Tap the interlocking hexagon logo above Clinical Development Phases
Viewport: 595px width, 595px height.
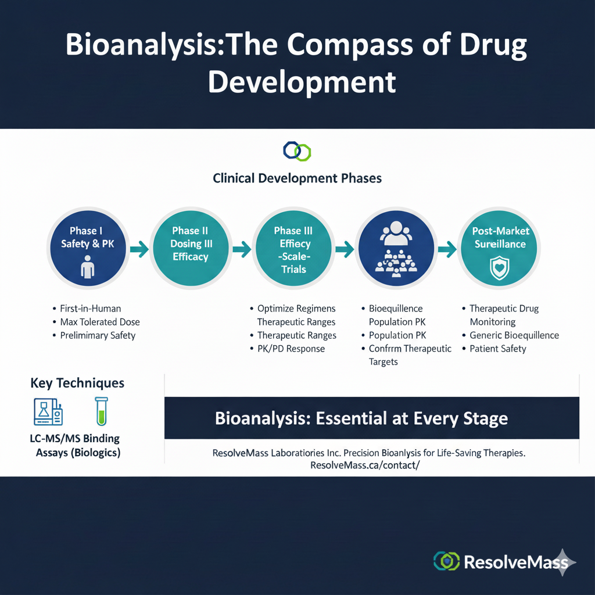click(297, 151)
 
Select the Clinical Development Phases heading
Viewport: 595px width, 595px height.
click(297, 178)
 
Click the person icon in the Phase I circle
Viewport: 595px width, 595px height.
click(87, 268)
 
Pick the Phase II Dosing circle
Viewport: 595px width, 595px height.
click(190, 249)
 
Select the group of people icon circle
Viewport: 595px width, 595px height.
click(395, 249)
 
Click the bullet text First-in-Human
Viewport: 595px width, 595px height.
click(90, 309)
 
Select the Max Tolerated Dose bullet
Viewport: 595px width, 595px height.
click(99, 322)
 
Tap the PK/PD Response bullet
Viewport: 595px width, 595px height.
click(291, 349)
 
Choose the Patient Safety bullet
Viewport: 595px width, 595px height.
click(498, 349)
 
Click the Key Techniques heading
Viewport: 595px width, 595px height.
click(77, 383)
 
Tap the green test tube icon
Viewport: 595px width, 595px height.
click(101, 411)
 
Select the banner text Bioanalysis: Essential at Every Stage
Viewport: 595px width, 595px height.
click(361, 418)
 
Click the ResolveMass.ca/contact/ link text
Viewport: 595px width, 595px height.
click(365, 465)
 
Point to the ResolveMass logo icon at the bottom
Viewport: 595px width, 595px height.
click(446, 561)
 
